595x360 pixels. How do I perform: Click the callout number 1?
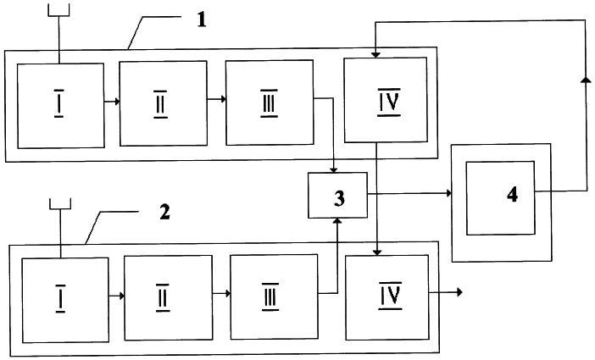pyautogui.click(x=202, y=19)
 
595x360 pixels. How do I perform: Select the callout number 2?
pyautogui.click(x=164, y=212)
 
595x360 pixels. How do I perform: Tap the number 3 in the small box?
pyautogui.click(x=339, y=198)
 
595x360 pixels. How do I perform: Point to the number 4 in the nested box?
pyautogui.click(x=512, y=194)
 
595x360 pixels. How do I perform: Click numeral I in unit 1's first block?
pyautogui.click(x=58, y=103)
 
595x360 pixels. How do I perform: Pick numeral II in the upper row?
pyautogui.click(x=160, y=104)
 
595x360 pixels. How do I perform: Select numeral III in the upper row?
pyautogui.click(x=269, y=103)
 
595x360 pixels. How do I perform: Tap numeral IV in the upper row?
pyautogui.click(x=389, y=102)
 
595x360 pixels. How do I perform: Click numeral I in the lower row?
pyautogui.click(x=60, y=298)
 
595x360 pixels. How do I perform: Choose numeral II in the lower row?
pyautogui.click(x=163, y=298)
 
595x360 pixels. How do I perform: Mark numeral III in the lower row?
pyautogui.click(x=270, y=297)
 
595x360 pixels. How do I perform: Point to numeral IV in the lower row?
pyautogui.click(x=390, y=296)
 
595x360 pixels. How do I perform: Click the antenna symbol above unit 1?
pyautogui.click(x=58, y=10)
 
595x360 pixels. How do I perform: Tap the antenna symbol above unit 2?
pyautogui.click(x=60, y=203)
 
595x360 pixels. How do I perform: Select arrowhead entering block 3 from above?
pyautogui.click(x=334, y=169)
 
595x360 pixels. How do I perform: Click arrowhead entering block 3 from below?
pyautogui.click(x=337, y=221)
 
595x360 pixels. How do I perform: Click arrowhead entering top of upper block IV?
pyautogui.click(x=375, y=55)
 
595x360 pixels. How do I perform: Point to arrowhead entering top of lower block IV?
pyautogui.click(x=377, y=252)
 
